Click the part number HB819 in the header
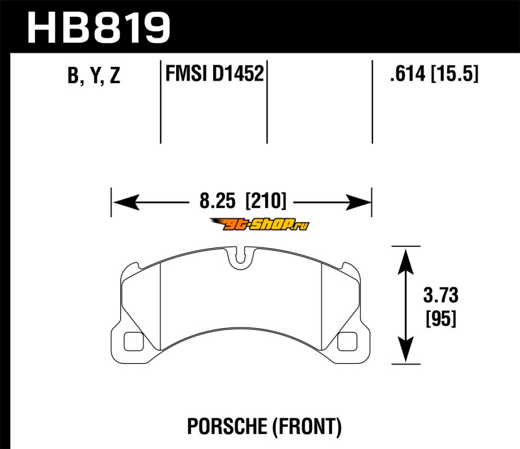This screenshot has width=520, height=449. (99, 28)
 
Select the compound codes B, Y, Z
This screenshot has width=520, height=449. (94, 75)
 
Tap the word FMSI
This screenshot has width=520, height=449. (186, 73)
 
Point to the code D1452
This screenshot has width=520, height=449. (238, 73)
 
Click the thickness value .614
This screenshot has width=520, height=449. (408, 73)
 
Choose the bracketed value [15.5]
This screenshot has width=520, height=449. (454, 73)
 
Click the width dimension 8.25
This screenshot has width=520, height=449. (217, 201)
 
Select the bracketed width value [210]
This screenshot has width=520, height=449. (265, 201)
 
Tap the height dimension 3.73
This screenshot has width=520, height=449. (441, 295)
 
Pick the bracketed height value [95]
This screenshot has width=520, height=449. (441, 318)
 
